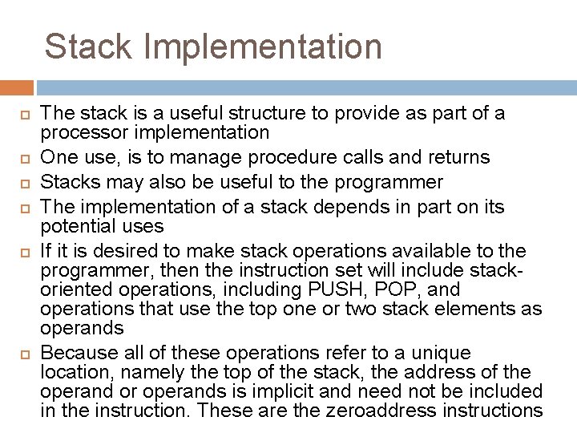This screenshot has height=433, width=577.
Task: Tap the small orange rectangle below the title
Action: [x=17, y=87]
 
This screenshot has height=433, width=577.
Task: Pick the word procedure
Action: [x=296, y=156]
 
